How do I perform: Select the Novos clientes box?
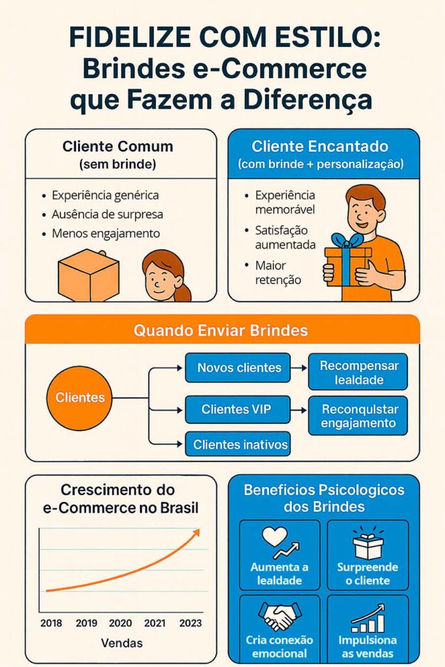pos(239,368)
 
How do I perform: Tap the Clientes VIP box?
pos(236,410)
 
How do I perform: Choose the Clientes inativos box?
pos(240,445)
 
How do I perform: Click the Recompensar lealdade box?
pos(358,372)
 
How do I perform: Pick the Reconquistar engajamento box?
pos(358,416)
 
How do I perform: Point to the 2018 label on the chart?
pos(51,623)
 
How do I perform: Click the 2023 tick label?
pos(190,623)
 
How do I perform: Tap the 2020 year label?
pos(121,623)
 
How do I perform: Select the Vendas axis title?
pos(122,644)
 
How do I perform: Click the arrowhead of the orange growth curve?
pos(195,533)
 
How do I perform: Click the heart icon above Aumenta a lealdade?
pos(274,537)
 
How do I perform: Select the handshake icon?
pos(279,615)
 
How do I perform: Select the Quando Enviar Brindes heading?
pos(220,330)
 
